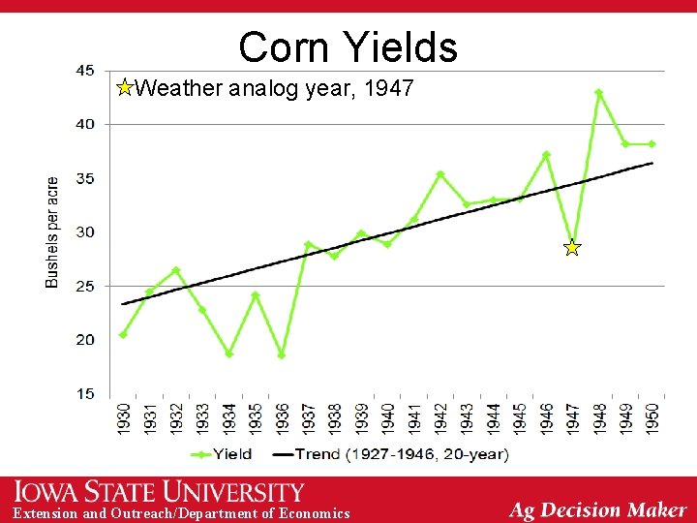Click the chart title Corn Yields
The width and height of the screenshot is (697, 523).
pyautogui.click(x=348, y=46)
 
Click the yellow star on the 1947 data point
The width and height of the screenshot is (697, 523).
pyautogui.click(x=572, y=249)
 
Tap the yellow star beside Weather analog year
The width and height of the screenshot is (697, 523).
pyautogui.click(x=124, y=89)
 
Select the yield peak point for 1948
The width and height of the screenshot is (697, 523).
pyautogui.click(x=599, y=93)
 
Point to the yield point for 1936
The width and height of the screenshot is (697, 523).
pyautogui.click(x=282, y=355)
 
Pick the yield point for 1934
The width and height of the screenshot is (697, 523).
pyautogui.click(x=228, y=354)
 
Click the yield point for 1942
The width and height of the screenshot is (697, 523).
pyautogui.click(x=440, y=174)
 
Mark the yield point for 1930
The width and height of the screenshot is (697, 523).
pyautogui.click(x=123, y=335)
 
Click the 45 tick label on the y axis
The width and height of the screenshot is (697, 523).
pyautogui.click(x=85, y=70)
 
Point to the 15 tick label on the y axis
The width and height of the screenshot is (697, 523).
pyautogui.click(x=85, y=393)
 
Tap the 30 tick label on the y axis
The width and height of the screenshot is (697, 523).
pyautogui.click(x=85, y=231)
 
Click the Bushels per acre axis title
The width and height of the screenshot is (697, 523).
pyautogui.click(x=52, y=231)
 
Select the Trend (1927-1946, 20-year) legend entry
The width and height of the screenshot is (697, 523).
pyautogui.click(x=392, y=453)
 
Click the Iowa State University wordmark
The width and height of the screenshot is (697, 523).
pyautogui.click(x=160, y=492)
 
